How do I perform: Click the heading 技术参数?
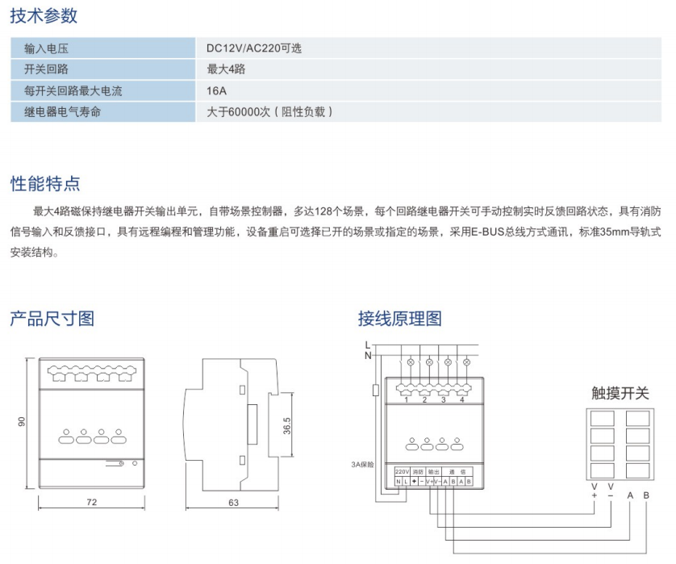coord(44,15)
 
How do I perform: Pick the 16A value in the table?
coord(216,91)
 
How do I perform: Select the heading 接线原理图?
coord(400,318)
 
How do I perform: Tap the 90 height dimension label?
coord(23,421)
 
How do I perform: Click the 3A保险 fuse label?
coord(362,465)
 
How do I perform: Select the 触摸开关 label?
coord(620,393)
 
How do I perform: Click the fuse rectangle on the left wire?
coord(375,391)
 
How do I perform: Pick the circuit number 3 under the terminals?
coord(443,399)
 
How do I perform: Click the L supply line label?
coord(368,345)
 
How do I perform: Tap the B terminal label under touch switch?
coord(645,495)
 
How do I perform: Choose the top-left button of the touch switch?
coord(602,419)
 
